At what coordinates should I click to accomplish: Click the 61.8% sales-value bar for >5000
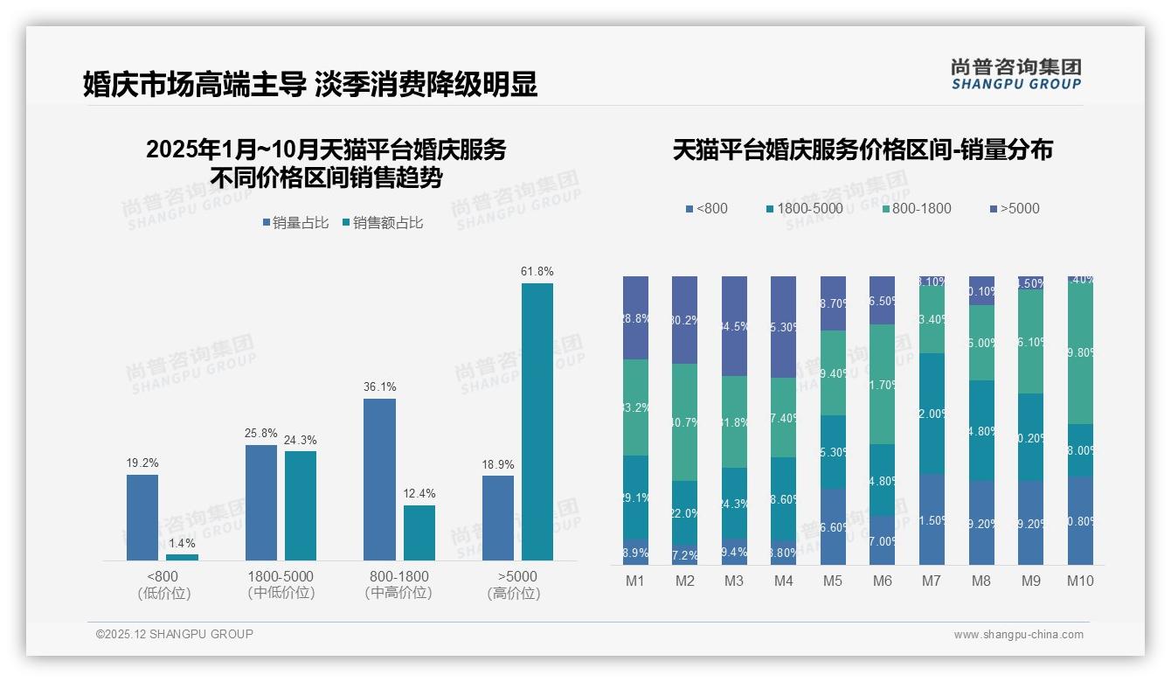click(x=537, y=421)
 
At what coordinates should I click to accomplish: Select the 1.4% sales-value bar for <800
click(x=182, y=557)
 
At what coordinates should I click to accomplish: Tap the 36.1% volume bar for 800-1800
click(x=379, y=479)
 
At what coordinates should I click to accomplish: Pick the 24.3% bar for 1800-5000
click(x=301, y=505)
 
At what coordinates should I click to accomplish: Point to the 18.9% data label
click(x=498, y=464)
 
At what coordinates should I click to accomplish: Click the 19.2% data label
click(x=142, y=463)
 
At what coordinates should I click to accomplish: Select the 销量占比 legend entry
click(x=295, y=223)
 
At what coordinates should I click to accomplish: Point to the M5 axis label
click(x=833, y=581)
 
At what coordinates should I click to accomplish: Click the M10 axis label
click(x=1080, y=581)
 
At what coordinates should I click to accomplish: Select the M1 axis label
click(x=635, y=581)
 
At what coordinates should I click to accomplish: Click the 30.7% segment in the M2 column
click(x=684, y=422)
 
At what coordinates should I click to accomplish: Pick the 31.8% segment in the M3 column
click(x=734, y=422)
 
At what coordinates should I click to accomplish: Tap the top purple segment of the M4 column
click(x=783, y=327)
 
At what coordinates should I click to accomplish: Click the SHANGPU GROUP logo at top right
click(x=1015, y=74)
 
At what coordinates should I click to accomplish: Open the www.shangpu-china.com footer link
click(x=1018, y=635)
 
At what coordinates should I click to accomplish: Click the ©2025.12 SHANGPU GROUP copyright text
click(x=175, y=634)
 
